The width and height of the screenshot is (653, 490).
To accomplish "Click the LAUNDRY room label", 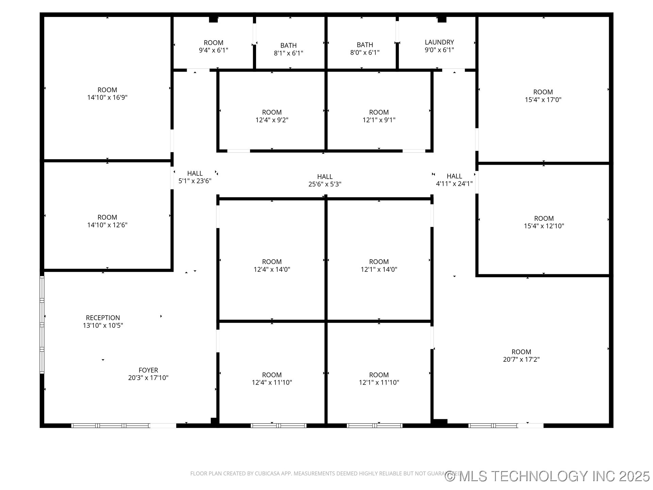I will pyautogui.click(x=439, y=42).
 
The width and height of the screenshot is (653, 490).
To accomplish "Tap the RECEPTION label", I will pyautogui.click(x=103, y=317).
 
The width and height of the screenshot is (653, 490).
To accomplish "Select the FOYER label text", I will pyautogui.click(x=148, y=370).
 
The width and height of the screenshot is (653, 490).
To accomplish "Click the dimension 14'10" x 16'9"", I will pyautogui.click(x=107, y=98).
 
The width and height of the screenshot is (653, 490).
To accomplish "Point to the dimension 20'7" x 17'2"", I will pyautogui.click(x=521, y=359).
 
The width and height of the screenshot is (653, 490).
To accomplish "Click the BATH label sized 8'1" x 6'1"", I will pyautogui.click(x=288, y=45).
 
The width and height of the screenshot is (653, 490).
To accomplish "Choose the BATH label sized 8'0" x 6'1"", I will pyautogui.click(x=365, y=45).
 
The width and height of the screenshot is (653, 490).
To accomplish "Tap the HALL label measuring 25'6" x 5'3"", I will pyautogui.click(x=325, y=177).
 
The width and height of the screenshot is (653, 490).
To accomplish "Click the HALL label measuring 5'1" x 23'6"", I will pyautogui.click(x=195, y=174).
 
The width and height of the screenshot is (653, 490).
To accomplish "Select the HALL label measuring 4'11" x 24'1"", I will pyautogui.click(x=454, y=176).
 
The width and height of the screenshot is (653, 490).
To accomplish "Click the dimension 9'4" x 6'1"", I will pyautogui.click(x=213, y=50).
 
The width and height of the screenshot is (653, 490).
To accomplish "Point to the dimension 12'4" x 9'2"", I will pyautogui.click(x=272, y=120).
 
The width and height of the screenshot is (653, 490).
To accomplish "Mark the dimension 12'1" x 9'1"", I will pyautogui.click(x=379, y=120).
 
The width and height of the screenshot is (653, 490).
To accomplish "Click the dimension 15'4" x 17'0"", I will pyautogui.click(x=543, y=100).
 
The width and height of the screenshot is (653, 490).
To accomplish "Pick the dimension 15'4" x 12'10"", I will pyautogui.click(x=544, y=226).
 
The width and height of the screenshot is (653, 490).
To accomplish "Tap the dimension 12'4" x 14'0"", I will pyautogui.click(x=272, y=269).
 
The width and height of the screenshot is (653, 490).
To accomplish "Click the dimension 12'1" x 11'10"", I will pyautogui.click(x=379, y=382).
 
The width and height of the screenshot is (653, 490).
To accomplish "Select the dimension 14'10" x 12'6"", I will pyautogui.click(x=107, y=225).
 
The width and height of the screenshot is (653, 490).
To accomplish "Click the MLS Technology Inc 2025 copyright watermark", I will pyautogui.click(x=547, y=476).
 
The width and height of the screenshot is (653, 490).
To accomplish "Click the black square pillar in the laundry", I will pyautogui.click(x=442, y=19).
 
